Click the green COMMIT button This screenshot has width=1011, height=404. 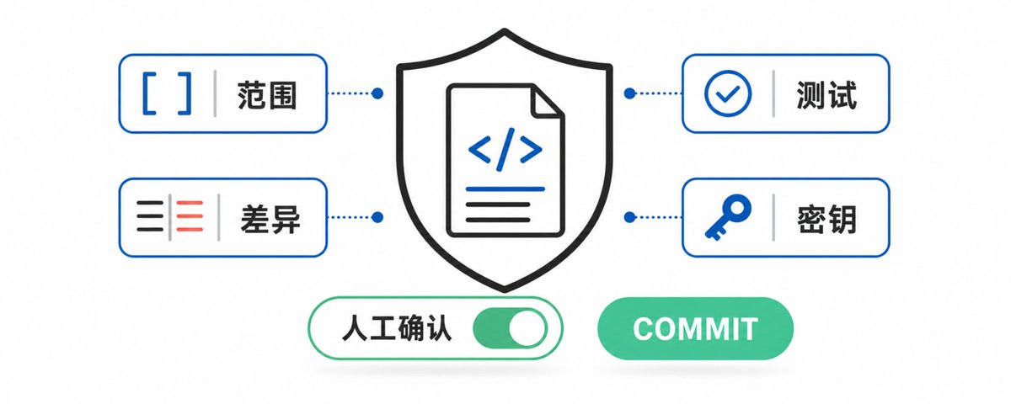tap(695, 328)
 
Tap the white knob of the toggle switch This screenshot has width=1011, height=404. tap(527, 327)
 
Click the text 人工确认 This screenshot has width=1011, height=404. tap(397, 328)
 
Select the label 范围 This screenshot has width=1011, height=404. tap(267, 95)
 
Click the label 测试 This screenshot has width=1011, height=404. tap(826, 95)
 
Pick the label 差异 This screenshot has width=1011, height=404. tap(270, 219)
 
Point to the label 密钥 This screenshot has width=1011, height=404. tap(826, 219)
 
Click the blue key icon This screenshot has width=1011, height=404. tap(728, 217)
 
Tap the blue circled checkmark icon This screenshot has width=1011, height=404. tap(728, 93)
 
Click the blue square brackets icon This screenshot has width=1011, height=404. tap(167, 93)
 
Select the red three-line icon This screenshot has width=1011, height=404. tap(190, 216)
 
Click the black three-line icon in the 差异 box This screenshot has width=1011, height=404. tap(150, 216)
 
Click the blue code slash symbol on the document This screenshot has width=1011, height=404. tap(505, 149)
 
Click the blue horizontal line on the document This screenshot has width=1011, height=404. tap(505, 189)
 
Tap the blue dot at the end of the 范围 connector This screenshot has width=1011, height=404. tap(377, 93)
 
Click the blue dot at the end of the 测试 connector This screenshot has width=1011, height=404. tap(629, 93)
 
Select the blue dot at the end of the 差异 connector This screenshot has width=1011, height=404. tap(377, 217)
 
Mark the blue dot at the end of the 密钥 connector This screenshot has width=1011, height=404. tap(629, 217)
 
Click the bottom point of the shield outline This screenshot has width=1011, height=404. tap(505, 290)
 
